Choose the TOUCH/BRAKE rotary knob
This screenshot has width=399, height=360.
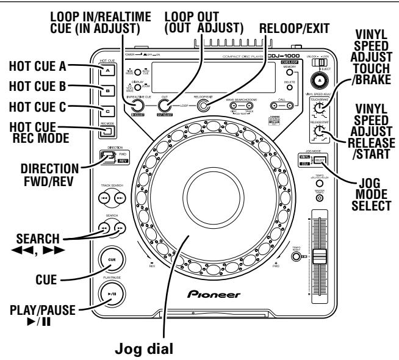point(317,109)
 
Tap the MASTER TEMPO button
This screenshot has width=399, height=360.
point(318,197)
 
